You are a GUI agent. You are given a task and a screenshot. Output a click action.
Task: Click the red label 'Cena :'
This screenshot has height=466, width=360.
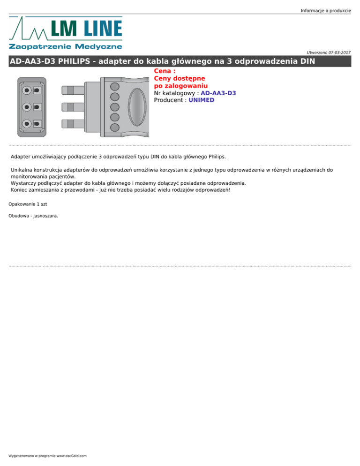[x=165, y=72]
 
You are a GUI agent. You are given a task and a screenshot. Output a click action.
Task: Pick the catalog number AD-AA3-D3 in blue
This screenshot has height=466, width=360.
[x=218, y=93]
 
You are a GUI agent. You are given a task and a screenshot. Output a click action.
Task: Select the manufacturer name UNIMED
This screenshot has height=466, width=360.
[x=201, y=100]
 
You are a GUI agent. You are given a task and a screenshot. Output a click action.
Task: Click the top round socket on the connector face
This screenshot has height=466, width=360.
[x=28, y=90]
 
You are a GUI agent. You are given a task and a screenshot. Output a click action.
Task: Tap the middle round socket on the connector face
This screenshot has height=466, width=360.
[x=28, y=107]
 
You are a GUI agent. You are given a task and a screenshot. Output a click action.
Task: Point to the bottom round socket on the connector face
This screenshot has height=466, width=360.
[x=28, y=124]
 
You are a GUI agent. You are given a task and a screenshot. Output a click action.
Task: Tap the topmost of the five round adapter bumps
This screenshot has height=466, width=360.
[x=113, y=86]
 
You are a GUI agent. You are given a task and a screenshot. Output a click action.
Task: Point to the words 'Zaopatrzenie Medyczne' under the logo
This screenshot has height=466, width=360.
[x=65, y=46]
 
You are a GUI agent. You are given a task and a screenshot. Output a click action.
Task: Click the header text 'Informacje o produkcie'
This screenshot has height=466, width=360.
[x=326, y=10]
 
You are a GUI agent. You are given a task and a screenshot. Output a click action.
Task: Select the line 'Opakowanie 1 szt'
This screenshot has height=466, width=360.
[x=28, y=204]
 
